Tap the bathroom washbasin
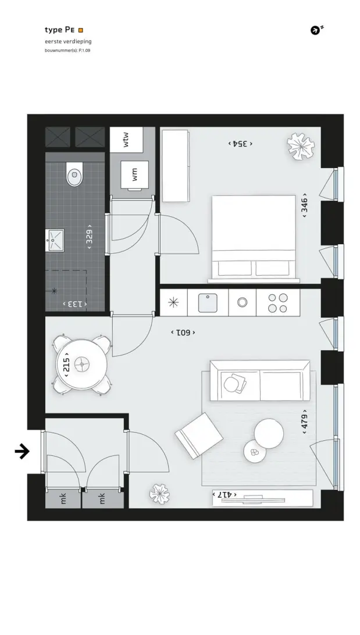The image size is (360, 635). [55, 240]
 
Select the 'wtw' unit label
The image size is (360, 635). [126, 140]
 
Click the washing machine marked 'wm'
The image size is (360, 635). [135, 176]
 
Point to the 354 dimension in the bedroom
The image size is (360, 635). [240, 144]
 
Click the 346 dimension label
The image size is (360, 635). [305, 205]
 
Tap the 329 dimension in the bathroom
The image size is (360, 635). [89, 237]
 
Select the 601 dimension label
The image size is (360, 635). [183, 333]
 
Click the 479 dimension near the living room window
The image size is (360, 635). [305, 422]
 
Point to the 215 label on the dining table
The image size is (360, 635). [66, 365]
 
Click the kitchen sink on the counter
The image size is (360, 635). [207, 303]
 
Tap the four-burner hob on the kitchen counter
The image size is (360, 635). [278, 303]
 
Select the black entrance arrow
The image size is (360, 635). [22, 451]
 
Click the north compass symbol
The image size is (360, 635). [315, 30]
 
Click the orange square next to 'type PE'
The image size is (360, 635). [81, 30]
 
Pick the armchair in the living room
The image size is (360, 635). [199, 436]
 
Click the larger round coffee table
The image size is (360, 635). [269, 433]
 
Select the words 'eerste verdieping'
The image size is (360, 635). [68, 41]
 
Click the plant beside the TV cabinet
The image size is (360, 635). [159, 494]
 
